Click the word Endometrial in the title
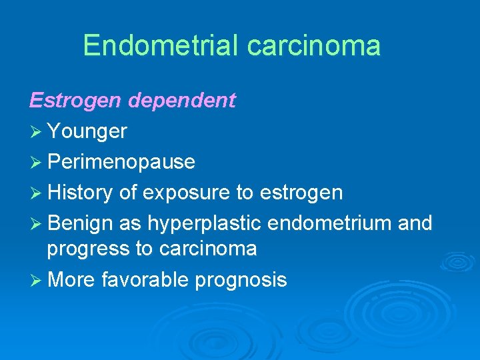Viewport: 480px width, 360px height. click(161, 45)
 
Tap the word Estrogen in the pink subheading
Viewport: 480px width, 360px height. click(75, 101)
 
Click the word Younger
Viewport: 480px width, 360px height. click(87, 132)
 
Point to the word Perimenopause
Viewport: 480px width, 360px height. click(121, 162)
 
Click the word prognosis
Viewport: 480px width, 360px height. click(241, 279)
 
